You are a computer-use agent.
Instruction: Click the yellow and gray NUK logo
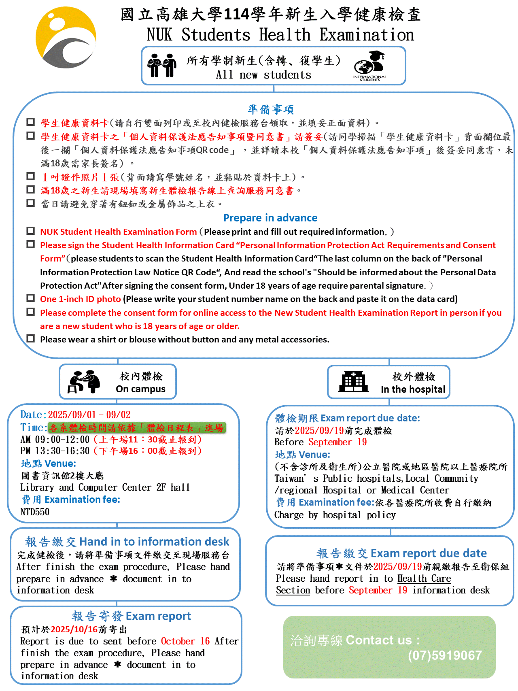[66, 38]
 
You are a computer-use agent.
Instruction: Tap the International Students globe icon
[369, 64]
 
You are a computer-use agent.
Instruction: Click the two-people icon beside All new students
[162, 65]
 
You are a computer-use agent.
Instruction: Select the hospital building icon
[354, 382]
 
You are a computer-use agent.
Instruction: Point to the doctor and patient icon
[84, 382]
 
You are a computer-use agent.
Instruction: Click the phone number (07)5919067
[445, 655]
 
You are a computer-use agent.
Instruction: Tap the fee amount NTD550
[35, 512]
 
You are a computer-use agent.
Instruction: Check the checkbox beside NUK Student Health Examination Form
[30, 231]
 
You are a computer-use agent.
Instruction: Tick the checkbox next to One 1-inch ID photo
[30, 298]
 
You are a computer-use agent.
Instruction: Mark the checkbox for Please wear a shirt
[30, 338]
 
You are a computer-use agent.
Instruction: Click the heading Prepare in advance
[270, 218]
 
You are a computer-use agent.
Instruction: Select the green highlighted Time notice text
[136, 428]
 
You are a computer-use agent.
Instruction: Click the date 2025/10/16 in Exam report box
[74, 629]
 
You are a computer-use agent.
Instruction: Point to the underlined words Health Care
[424, 579]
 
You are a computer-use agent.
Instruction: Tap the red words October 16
[185, 641]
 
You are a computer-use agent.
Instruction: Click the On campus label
[140, 389]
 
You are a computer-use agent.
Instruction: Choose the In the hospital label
[413, 389]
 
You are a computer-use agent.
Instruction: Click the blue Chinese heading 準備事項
[271, 109]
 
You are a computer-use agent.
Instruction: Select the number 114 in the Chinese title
[236, 15]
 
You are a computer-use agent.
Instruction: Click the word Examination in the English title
[366, 35]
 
